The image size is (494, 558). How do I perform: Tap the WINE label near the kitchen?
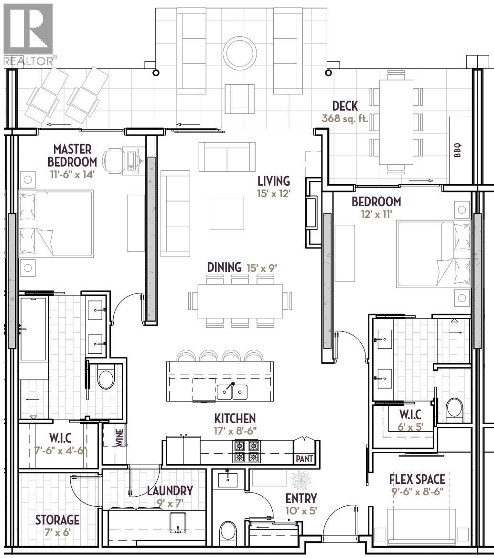point(119,437)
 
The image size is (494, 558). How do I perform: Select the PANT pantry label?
point(304,458)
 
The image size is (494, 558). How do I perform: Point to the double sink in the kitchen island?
point(232,392)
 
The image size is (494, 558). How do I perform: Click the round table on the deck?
point(239,52)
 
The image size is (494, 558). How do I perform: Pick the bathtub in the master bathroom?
point(33,329)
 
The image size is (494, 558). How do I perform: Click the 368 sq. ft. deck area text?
point(345,119)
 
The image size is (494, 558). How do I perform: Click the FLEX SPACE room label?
point(417,479)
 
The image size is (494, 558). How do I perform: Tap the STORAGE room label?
point(57,519)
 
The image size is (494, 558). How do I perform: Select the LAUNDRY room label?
point(170,491)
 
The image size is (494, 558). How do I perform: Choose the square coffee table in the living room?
point(226,212)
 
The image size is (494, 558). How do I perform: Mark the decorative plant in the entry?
point(301,479)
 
